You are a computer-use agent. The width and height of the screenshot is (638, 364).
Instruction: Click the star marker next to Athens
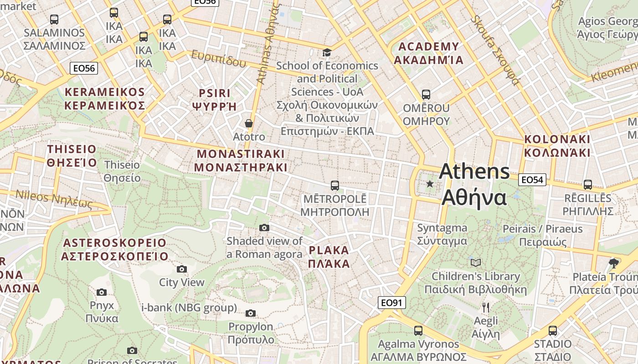click(429, 184)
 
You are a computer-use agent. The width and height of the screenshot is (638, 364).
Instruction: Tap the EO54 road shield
click(532, 180)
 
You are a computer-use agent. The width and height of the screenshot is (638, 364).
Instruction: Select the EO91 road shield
click(391, 303)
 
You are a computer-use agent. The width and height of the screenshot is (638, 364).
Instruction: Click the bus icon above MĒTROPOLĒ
click(334, 185)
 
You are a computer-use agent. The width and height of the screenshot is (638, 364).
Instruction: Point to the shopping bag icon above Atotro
click(249, 123)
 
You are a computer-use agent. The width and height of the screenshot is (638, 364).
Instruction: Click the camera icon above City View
click(182, 269)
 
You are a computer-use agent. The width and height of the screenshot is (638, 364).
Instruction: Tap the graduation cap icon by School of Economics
click(327, 52)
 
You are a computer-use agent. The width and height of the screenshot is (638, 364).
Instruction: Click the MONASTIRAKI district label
click(241, 161)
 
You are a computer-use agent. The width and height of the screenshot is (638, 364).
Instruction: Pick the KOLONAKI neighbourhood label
click(557, 146)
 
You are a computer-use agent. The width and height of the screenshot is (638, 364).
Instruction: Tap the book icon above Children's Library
click(475, 263)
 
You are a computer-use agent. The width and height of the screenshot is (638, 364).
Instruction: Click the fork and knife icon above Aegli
click(486, 308)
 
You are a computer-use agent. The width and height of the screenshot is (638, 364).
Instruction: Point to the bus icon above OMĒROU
click(426, 95)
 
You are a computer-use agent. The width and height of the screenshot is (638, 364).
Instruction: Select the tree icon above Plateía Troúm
click(614, 263)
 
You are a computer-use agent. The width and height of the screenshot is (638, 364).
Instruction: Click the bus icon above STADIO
click(552, 331)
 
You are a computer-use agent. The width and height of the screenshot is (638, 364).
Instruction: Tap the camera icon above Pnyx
click(102, 292)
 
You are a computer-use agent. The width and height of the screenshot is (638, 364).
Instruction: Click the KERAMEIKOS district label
click(105, 99)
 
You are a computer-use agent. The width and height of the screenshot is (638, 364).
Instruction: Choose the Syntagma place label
click(442, 234)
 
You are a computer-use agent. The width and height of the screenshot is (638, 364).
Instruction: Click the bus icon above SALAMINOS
click(54, 20)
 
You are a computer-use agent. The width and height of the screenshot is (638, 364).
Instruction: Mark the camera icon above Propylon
click(250, 313)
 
